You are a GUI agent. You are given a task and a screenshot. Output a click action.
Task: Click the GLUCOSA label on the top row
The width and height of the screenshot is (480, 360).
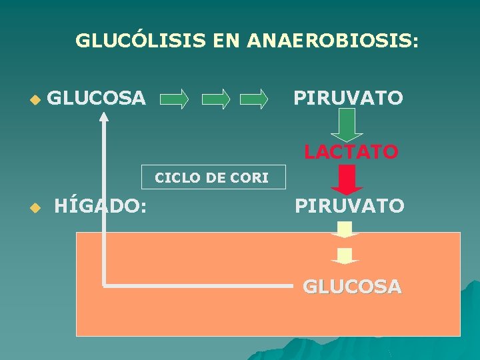click(97, 99)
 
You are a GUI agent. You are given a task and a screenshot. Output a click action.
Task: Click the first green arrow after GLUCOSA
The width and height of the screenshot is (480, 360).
click(174, 100)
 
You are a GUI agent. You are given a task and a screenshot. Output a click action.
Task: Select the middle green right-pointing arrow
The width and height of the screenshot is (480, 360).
click(216, 100)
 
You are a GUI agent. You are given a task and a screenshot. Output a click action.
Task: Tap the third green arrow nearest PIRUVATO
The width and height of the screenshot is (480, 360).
click(254, 100)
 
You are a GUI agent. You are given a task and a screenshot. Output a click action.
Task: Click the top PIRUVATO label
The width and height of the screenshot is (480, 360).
click(349, 99)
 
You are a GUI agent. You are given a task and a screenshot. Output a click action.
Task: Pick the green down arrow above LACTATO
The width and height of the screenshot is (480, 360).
click(347, 124)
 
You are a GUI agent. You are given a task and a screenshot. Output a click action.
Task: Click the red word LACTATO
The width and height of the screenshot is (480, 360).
click(351, 152)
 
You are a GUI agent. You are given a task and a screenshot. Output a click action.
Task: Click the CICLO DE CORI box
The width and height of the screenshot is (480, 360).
click(212, 178)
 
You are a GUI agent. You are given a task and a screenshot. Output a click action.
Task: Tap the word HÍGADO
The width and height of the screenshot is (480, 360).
click(101, 206)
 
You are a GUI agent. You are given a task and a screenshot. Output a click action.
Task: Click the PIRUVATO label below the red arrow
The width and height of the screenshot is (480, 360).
click(349, 206)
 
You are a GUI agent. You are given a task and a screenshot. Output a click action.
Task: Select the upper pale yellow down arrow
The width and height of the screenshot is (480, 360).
click(345, 231)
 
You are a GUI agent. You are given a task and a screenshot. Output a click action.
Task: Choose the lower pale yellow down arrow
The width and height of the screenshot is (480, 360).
click(345, 256)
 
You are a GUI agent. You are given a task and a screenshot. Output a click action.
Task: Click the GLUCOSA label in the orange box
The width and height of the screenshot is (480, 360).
click(352, 287)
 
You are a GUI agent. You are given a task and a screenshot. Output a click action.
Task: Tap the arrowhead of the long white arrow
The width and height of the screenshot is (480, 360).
click(104, 117)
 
